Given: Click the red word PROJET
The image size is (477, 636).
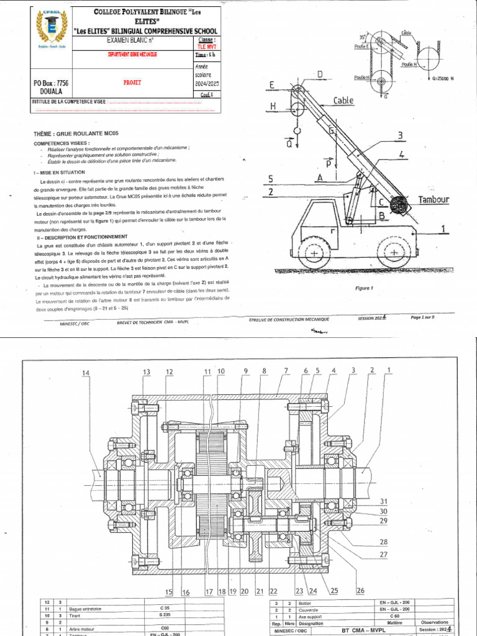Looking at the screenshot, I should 132,81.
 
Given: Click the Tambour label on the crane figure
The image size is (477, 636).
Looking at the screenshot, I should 433,199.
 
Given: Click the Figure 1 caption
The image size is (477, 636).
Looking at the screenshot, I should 363,288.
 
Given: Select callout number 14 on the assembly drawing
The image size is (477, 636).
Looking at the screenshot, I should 86,373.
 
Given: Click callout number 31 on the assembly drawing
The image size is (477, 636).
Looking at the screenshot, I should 384,501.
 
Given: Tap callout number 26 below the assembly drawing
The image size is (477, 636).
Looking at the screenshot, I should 360,590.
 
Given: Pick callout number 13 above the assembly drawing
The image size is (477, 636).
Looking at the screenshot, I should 147,371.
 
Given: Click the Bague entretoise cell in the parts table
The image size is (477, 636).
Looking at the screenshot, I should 85,609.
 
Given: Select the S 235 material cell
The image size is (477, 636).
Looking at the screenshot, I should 165,616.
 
